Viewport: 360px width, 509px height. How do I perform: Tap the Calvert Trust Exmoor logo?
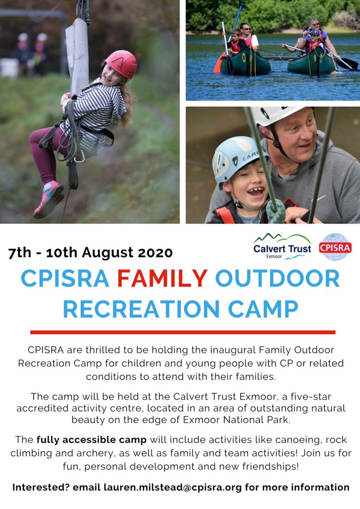(282, 247)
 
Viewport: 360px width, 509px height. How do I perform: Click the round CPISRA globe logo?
(335, 247)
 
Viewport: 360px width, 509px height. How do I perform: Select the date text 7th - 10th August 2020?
(90, 253)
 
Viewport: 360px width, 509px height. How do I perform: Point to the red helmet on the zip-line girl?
(121, 63)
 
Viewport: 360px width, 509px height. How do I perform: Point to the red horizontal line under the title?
(182, 332)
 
